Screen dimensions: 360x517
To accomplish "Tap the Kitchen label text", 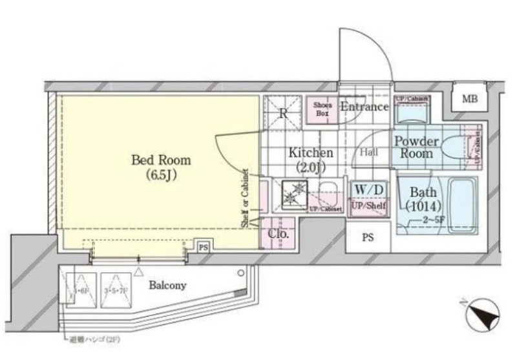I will click(310, 153).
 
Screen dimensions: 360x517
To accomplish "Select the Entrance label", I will click(364, 107).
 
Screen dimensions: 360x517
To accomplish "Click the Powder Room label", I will click(417, 147).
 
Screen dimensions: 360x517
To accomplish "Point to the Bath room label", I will click(423, 193).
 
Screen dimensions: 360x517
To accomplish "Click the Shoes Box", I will click(322, 109).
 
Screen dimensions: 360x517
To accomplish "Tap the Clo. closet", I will click(278, 235).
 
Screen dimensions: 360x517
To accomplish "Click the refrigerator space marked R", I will click(282, 113).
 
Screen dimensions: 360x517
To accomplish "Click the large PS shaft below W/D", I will click(367, 237).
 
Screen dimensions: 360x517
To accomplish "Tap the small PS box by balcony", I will click(203, 247).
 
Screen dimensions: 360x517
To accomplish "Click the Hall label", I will click(368, 152).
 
